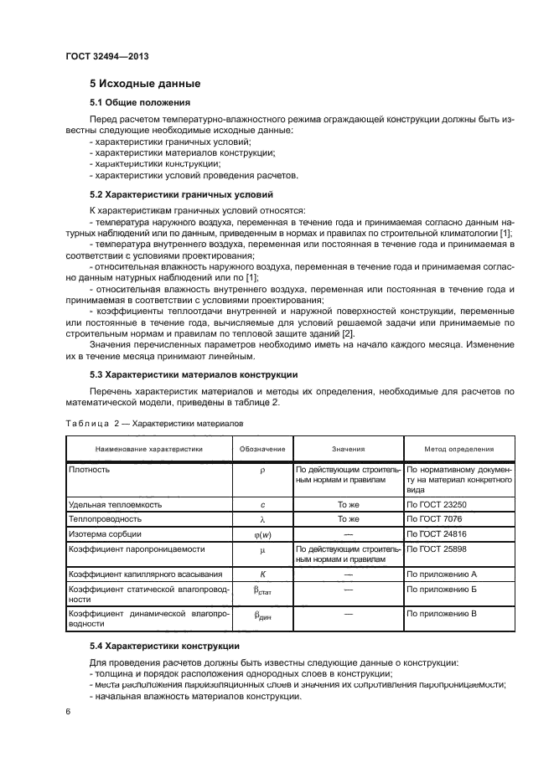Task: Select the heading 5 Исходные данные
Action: point(144,84)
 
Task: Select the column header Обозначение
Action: point(262,449)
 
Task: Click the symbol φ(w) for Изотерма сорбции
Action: point(262,533)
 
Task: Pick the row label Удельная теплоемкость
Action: point(116,505)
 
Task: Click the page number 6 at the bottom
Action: point(67,712)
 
